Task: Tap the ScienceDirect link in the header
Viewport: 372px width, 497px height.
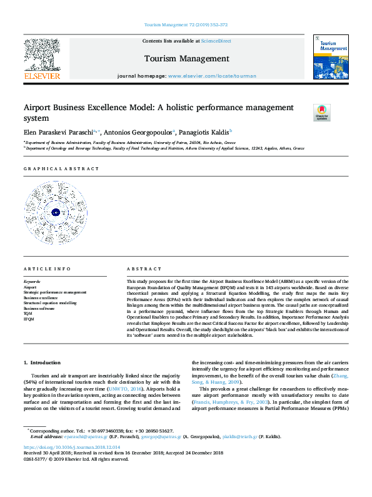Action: [216, 41]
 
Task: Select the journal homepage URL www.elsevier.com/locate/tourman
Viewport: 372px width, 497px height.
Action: [212, 76]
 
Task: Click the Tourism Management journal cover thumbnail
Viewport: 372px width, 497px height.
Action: [330, 57]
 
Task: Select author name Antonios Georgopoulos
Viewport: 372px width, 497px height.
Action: [139, 132]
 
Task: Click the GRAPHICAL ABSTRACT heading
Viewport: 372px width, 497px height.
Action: [61, 169]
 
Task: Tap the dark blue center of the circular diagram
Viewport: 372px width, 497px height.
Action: [55, 212]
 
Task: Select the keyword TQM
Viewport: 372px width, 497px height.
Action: [29, 314]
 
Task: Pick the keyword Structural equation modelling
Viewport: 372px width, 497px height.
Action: [50, 303]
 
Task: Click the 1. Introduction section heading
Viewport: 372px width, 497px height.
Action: [42, 362]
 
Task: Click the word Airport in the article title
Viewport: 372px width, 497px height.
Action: [41, 108]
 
